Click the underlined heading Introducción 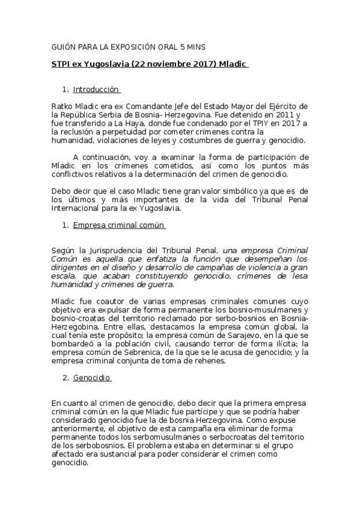[96, 90]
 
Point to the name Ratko [63, 106]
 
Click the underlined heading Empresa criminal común [118, 226]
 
